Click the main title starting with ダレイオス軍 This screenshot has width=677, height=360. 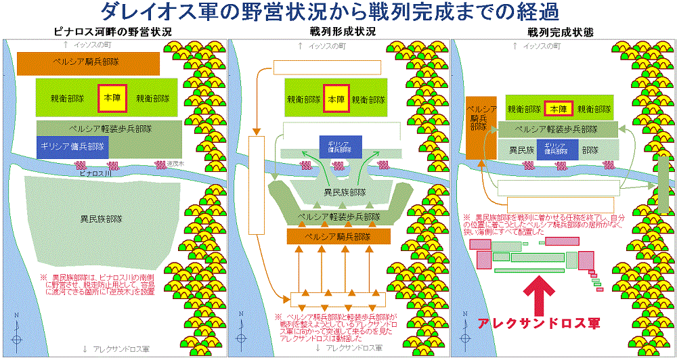(338, 12)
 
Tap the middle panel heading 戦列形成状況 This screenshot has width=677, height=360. (338, 31)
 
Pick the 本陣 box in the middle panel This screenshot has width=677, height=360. (336, 97)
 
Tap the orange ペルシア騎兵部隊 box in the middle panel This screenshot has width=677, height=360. (338, 236)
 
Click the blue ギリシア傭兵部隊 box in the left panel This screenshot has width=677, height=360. (71, 147)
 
